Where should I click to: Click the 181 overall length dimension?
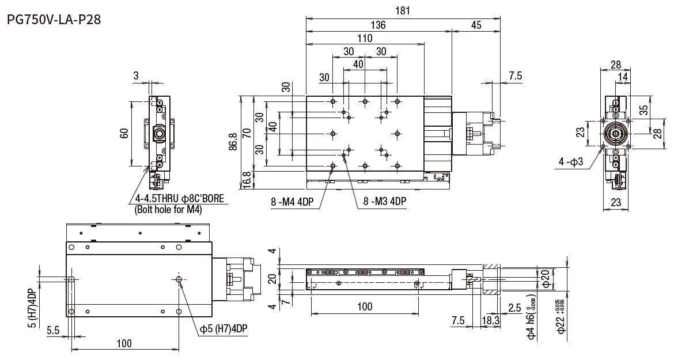[403, 10]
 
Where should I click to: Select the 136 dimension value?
[378, 25]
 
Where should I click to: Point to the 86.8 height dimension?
[232, 141]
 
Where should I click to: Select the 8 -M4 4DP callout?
[293, 202]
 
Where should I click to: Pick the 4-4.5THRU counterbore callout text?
[179, 199]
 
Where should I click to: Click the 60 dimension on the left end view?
[124, 134]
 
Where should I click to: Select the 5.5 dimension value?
[53, 330]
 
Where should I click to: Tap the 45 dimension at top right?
[476, 25]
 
